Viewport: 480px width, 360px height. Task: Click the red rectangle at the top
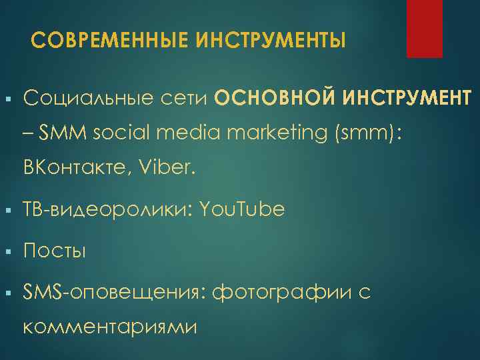pos(425,29)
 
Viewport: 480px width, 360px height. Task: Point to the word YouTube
pos(242,209)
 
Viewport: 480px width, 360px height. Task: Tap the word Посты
pos(55,251)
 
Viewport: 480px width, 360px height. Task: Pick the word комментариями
pos(110,327)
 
